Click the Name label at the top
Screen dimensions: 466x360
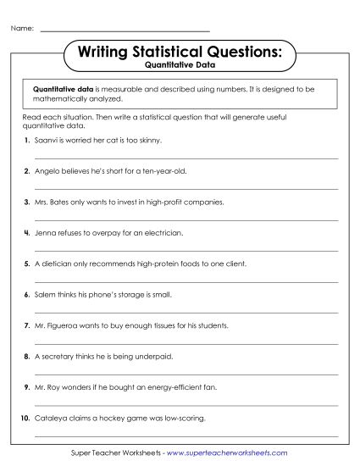(22, 28)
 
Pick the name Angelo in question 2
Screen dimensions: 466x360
(47, 170)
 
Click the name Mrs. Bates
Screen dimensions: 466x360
(53, 202)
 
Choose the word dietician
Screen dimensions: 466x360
(56, 264)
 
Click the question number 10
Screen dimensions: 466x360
(25, 418)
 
